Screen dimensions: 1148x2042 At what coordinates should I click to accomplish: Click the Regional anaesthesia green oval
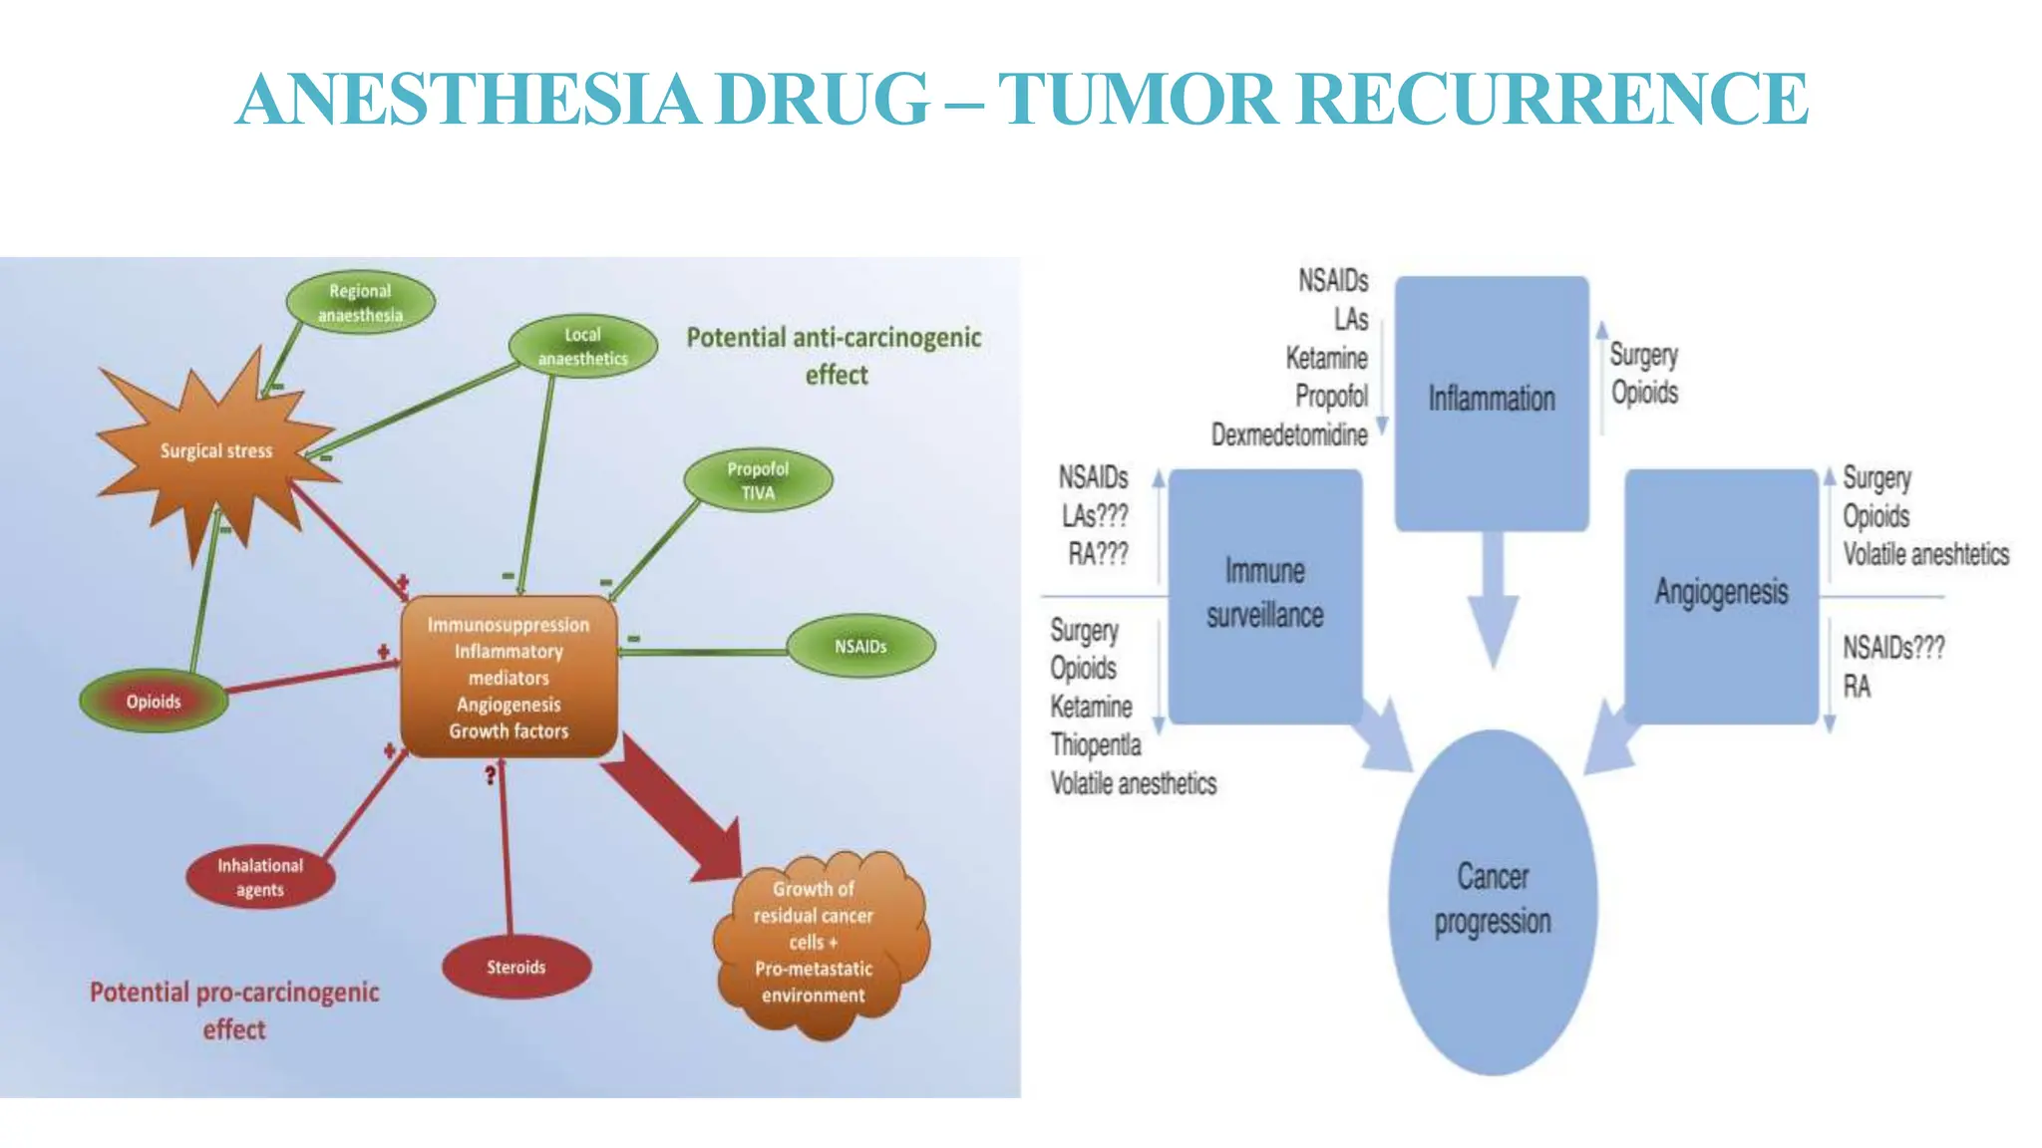coord(360,303)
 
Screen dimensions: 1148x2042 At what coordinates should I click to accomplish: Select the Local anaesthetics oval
coord(582,347)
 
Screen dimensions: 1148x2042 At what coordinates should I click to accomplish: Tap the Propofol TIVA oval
coord(758,480)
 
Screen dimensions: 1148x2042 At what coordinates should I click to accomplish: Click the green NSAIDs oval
coord(860,647)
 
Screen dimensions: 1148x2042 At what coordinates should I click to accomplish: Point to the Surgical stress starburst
coord(216,451)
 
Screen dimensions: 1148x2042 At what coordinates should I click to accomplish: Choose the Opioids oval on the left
coord(154,702)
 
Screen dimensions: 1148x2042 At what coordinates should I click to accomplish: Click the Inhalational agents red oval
coord(260,878)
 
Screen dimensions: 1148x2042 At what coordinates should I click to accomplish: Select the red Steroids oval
coord(515,968)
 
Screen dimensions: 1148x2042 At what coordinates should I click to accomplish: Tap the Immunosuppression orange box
coord(509,678)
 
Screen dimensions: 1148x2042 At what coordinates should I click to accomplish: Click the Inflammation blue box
coord(1491,400)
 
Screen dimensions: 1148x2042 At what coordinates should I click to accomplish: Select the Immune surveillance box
coord(1264,594)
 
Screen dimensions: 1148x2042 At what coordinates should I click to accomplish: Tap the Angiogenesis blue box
coord(1721,593)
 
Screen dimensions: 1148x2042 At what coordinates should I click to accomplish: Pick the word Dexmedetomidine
coord(1288,435)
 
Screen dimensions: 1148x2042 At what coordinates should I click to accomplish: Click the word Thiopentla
coord(1095,745)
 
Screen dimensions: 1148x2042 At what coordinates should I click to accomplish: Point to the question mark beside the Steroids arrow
coord(490,775)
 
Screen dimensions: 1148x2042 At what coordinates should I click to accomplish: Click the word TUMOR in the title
coord(1138,100)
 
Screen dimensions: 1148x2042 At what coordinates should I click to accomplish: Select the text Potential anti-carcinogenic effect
coord(834,356)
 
